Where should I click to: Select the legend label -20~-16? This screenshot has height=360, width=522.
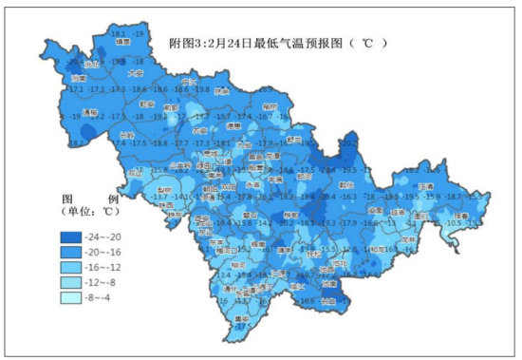[x=104, y=253]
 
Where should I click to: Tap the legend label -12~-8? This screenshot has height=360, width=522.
[x=103, y=283]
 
